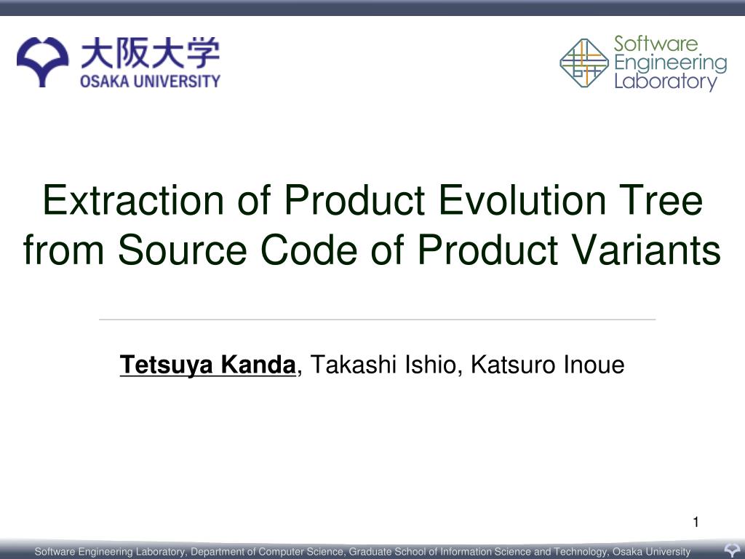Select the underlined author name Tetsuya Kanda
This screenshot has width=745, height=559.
[208, 365]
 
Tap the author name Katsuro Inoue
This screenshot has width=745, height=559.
[547, 365]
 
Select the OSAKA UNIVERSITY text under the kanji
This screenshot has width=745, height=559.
[150, 81]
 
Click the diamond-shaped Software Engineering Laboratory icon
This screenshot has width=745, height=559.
[583, 63]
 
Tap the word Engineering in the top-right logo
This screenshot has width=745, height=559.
[670, 63]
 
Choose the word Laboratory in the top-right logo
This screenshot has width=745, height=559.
[665, 82]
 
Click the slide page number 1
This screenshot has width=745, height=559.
[696, 521]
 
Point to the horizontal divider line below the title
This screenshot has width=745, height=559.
[377, 319]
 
